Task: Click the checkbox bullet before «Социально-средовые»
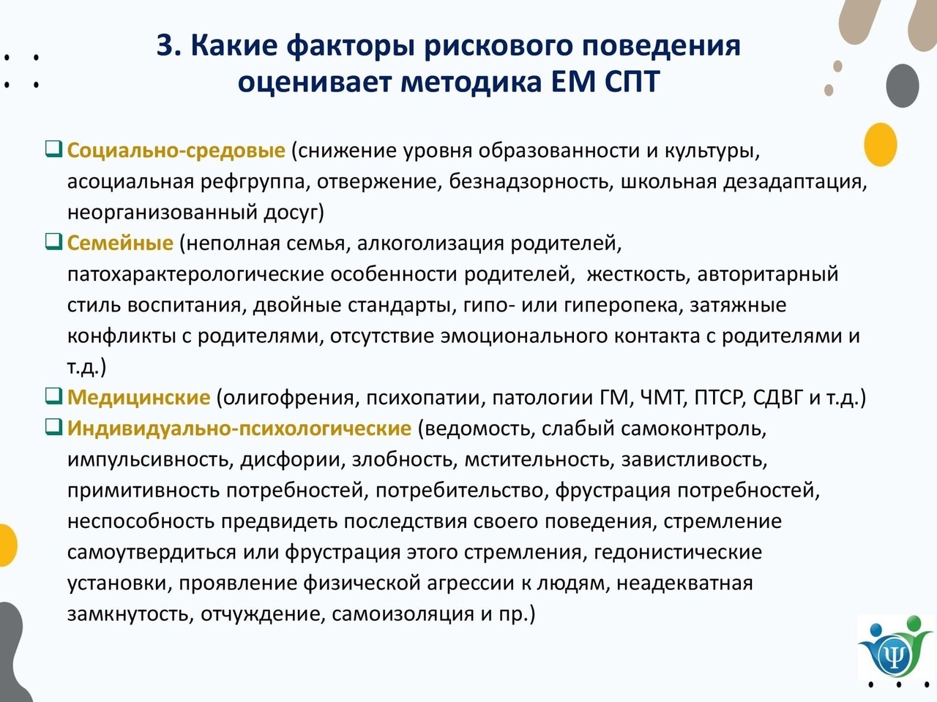53,149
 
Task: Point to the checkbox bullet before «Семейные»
53,242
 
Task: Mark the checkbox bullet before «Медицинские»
53,396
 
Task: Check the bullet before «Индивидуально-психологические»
53,427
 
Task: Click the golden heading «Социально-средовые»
176,151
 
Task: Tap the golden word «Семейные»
120,243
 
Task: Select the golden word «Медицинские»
138,397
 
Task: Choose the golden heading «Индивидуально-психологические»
239,429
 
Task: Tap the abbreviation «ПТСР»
720,397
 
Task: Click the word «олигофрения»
288,398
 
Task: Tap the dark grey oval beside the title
903,86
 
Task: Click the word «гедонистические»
677,552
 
